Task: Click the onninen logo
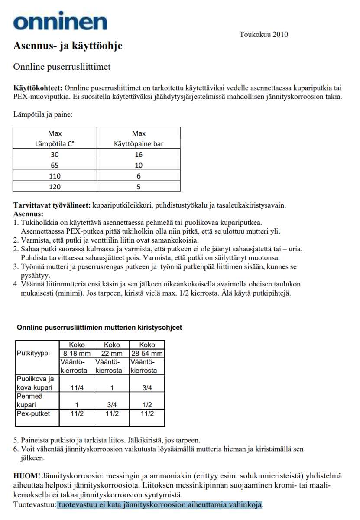click(x=60, y=22)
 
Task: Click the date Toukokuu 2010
click(x=263, y=35)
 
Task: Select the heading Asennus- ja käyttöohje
click(x=68, y=45)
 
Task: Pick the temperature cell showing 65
click(x=55, y=165)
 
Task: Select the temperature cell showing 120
click(x=55, y=187)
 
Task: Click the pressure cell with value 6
click(x=138, y=176)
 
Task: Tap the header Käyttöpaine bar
click(x=138, y=143)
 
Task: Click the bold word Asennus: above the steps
click(x=29, y=214)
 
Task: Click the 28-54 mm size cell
click(x=147, y=354)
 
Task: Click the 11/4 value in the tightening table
click(x=76, y=388)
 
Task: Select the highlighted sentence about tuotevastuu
click(x=160, y=505)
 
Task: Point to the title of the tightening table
click(x=99, y=328)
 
